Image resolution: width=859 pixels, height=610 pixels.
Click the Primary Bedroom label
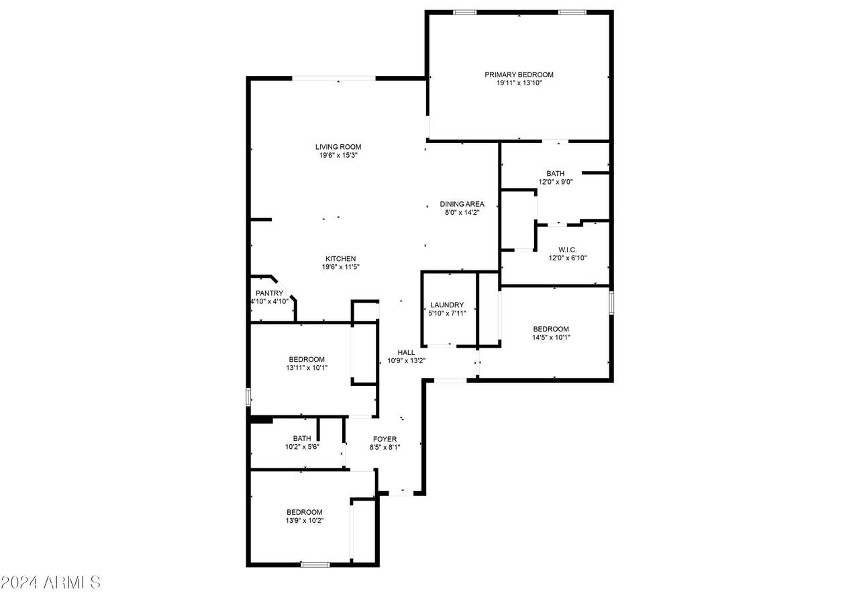519,74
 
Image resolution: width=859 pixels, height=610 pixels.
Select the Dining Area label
462,204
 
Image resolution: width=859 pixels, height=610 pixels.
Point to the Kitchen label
340,258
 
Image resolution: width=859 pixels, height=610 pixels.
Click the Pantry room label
269,293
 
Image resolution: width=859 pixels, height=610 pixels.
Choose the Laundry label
447,305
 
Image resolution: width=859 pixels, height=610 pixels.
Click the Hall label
406,352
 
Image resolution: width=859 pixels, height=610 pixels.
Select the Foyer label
385,439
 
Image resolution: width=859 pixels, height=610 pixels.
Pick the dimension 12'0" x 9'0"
555,182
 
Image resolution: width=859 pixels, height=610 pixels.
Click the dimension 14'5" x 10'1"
551,338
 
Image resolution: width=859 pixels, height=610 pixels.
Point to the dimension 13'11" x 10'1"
307,368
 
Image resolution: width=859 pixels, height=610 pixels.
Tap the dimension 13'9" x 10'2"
304,520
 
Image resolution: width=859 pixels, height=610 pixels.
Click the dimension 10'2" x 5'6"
301,447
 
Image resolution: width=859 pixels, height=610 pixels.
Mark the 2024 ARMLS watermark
50,582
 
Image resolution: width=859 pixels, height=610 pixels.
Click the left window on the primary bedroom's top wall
464,12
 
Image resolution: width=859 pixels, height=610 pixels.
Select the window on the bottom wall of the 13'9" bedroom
315,565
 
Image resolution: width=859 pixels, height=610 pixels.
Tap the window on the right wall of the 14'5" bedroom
611,302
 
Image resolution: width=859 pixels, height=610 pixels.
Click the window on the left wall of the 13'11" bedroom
248,397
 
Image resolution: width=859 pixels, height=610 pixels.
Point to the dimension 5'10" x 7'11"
447,313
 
